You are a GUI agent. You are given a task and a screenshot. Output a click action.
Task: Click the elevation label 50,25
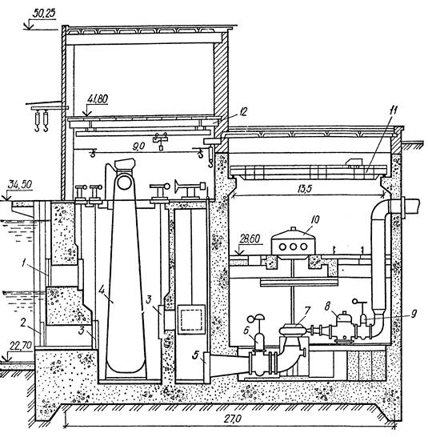click(43, 14)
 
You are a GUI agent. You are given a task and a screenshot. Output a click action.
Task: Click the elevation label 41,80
click(98, 99)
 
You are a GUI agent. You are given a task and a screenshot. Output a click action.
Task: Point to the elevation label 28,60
click(249, 239)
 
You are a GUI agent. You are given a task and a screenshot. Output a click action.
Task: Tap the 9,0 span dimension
click(138, 147)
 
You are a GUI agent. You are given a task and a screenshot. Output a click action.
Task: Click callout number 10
click(314, 220)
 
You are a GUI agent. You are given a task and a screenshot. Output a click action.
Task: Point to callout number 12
click(242, 112)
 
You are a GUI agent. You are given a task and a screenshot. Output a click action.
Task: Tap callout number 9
click(414, 314)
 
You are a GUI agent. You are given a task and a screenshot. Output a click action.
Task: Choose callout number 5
click(196, 355)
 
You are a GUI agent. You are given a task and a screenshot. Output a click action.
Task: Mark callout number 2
click(23, 323)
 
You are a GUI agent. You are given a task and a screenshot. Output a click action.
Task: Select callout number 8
click(327, 306)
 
